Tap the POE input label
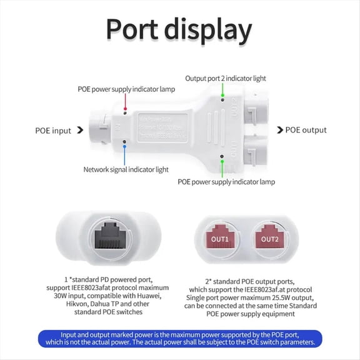[53, 131]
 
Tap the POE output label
[306, 130]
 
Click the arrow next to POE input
[79, 131]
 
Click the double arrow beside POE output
[279, 130]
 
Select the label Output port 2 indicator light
[225, 79]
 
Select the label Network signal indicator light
[126, 169]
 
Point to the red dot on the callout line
[126, 107]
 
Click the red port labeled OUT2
[269, 239]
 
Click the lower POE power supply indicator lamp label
[226, 182]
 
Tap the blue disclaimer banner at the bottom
[180, 338]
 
